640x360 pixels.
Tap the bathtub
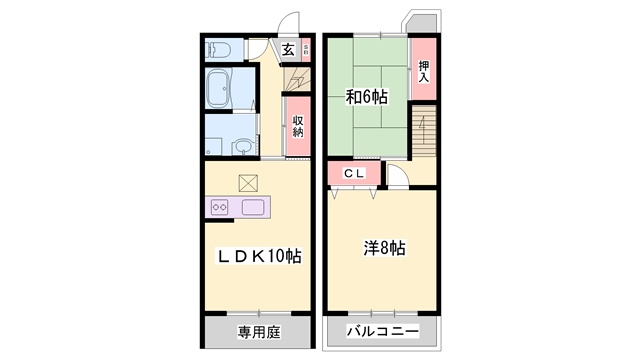(x=219, y=90)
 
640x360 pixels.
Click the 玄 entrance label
(x=287, y=49)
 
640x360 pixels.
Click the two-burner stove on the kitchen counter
(x=221, y=208)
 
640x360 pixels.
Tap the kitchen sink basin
(x=251, y=208)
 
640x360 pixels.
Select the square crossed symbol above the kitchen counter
(x=248, y=183)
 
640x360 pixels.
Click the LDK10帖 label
(x=260, y=256)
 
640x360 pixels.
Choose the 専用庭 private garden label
(x=257, y=332)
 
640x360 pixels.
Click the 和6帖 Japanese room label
(x=367, y=97)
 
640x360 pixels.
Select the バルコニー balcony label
(x=382, y=332)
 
